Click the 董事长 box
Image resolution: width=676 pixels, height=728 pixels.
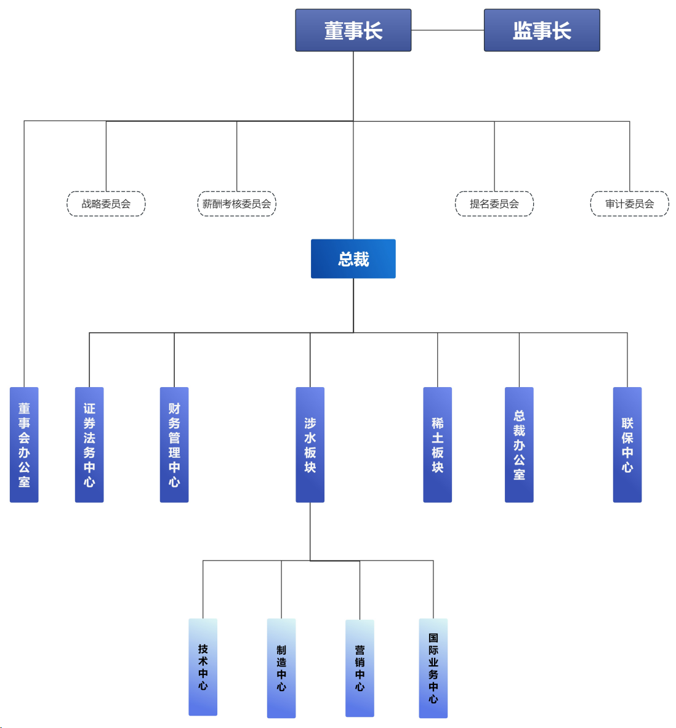353,30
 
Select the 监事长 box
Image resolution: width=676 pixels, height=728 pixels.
542,30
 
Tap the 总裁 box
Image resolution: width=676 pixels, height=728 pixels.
353,259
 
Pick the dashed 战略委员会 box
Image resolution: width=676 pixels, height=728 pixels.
106,204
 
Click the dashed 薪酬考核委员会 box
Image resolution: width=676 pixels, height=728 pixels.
236,204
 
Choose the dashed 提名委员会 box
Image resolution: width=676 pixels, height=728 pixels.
494,204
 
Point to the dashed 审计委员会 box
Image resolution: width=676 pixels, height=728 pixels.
629,204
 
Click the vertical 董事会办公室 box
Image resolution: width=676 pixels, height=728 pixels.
24,444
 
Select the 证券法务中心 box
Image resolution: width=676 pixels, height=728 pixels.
89,444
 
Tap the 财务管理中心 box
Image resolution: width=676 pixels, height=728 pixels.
174,444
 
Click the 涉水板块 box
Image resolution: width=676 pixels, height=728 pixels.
310,444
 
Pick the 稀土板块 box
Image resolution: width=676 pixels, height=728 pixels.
438,444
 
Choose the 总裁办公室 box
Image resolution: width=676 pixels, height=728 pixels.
519,444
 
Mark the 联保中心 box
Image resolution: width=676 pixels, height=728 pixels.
627,444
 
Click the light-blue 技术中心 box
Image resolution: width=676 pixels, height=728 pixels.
203,667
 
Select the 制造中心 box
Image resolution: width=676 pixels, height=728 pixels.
281,668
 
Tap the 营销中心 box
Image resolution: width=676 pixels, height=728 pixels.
360,668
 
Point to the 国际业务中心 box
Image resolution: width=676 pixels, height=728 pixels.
433,668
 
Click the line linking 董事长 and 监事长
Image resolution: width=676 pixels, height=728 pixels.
448,30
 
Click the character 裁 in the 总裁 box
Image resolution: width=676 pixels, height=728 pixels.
361,259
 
